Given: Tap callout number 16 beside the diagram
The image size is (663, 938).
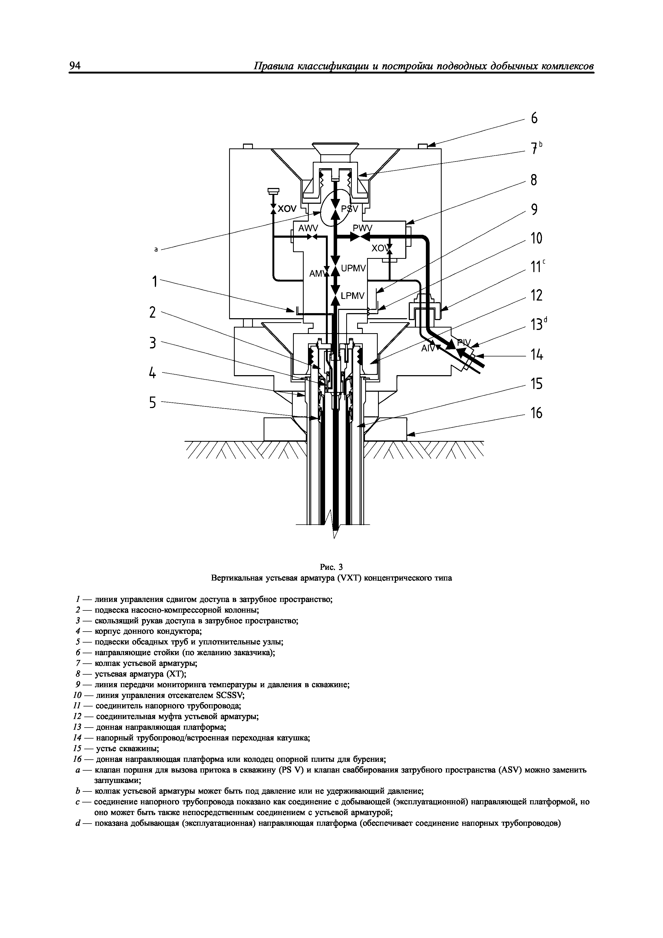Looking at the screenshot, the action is click(536, 413).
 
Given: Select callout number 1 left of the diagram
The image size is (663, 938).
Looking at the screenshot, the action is click(155, 282).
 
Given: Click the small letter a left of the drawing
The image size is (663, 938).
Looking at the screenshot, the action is click(156, 249).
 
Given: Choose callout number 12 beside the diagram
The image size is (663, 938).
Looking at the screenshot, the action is click(536, 296).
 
